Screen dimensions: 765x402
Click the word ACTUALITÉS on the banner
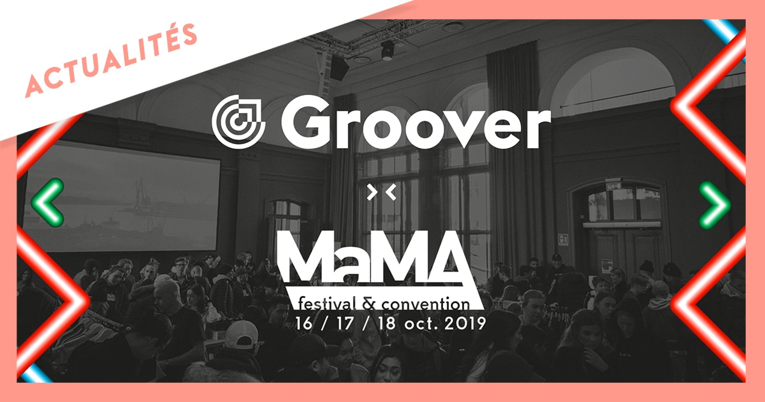tap(112, 60)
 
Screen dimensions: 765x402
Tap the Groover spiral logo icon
tap(238, 122)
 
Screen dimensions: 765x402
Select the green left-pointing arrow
tap(48, 202)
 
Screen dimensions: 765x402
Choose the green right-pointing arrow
tap(715, 205)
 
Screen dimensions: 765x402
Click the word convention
tap(426, 304)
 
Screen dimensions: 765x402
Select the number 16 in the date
tap(304, 323)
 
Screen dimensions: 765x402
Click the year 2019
tap(465, 323)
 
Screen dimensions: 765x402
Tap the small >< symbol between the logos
tap(381, 192)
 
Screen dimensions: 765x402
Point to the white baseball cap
tap(242, 334)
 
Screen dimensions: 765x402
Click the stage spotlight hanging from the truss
tap(388, 50)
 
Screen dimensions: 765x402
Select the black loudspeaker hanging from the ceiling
tap(339, 68)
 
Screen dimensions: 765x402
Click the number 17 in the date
tap(345, 323)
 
